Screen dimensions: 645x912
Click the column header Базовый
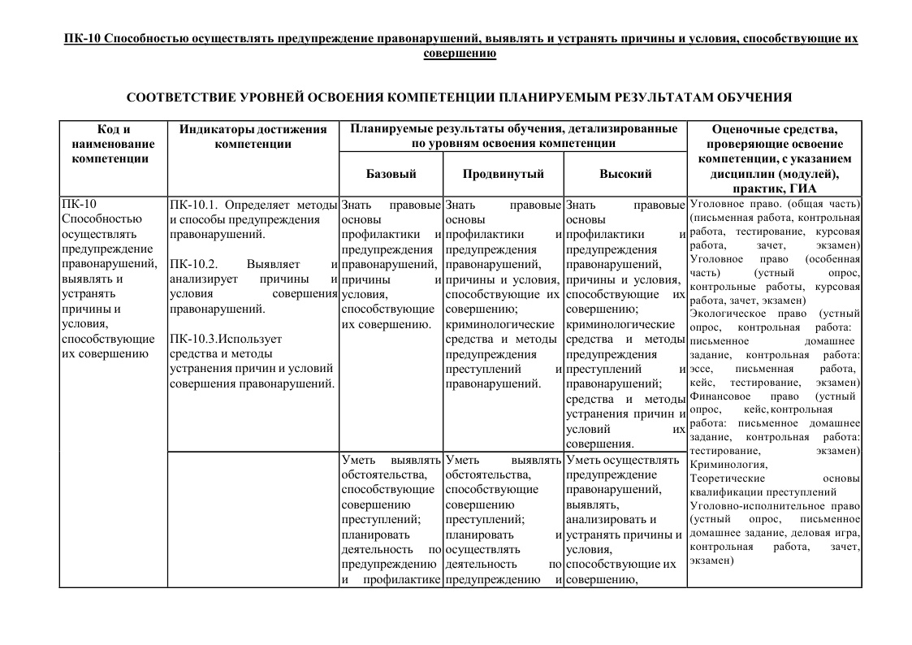point(391,174)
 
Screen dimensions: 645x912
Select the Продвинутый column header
point(503,174)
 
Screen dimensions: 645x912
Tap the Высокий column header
point(625,174)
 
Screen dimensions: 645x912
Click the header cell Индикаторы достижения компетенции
point(253,136)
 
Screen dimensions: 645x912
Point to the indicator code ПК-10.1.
point(195,204)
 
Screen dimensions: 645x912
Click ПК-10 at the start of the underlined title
point(81,39)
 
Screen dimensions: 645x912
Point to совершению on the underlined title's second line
point(460,54)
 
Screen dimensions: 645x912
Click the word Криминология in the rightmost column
point(728,464)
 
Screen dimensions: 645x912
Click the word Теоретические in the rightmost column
point(724,478)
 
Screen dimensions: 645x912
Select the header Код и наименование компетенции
point(113,144)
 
